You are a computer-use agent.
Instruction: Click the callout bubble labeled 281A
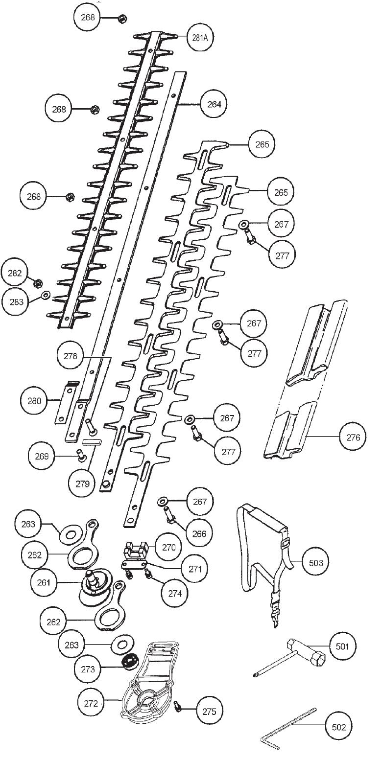[x=200, y=37]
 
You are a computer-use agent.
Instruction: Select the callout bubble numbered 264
[x=214, y=104]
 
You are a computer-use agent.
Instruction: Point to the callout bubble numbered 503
[x=316, y=563]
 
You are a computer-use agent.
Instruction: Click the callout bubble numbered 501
[x=342, y=646]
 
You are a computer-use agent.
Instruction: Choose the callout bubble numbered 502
[x=339, y=727]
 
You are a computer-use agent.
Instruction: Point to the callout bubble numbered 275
[x=209, y=712]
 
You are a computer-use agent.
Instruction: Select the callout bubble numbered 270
[x=168, y=547]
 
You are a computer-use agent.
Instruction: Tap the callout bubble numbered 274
[x=175, y=593]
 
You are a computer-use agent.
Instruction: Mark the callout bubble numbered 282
[x=15, y=273]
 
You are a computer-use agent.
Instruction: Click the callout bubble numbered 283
[x=16, y=302]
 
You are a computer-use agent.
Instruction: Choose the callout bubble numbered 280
[x=34, y=401]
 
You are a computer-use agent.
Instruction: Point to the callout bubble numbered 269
[x=42, y=456]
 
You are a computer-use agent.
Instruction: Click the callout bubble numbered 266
[x=199, y=533]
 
